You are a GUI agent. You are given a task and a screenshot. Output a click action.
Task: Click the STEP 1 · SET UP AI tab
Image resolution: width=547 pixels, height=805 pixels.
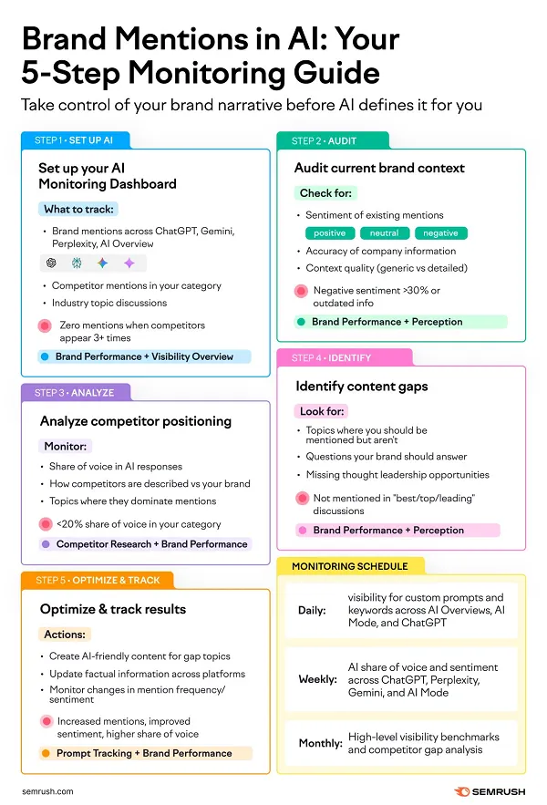[75, 140]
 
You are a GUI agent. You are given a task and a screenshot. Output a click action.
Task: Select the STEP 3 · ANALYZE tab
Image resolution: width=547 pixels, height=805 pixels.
[75, 393]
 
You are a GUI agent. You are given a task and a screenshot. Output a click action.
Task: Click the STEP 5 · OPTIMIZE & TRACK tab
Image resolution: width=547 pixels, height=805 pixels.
[97, 581]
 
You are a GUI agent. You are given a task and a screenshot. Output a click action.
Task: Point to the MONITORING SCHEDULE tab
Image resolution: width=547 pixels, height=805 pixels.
[349, 566]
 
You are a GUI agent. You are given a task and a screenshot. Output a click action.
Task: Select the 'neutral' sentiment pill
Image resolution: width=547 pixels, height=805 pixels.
[384, 233]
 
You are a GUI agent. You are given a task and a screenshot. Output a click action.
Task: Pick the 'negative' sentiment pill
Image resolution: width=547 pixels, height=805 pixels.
[440, 233]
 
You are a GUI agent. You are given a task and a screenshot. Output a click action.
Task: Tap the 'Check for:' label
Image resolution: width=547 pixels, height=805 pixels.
[325, 193]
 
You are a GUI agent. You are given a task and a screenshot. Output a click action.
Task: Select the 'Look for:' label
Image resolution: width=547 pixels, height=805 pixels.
[324, 411]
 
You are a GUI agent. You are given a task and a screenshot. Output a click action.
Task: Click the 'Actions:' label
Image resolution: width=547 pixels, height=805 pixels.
[64, 634]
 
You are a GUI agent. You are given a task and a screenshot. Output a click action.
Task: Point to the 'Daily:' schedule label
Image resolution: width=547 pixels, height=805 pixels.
[312, 610]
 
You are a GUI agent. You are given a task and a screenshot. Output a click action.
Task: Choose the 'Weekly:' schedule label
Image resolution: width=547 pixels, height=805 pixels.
[317, 679]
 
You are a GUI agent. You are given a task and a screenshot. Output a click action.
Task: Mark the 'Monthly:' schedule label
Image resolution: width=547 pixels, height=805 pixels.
[320, 744]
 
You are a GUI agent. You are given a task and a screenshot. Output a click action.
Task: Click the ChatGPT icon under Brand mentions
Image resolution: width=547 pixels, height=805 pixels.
[51, 263]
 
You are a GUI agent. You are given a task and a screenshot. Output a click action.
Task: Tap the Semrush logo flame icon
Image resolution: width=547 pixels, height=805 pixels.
[461, 791]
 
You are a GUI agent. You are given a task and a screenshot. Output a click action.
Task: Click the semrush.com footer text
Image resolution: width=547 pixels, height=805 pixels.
[47, 792]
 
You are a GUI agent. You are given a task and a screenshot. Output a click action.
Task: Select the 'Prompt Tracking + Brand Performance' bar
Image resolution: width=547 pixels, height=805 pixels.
[144, 753]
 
